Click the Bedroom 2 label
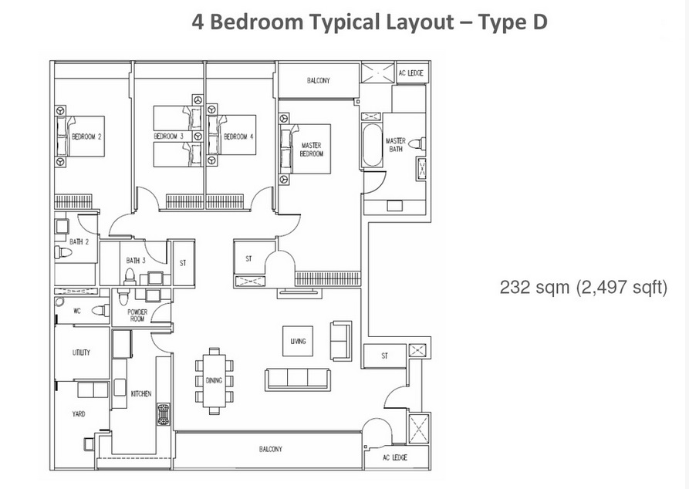click(86, 137)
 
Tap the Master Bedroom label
click(312, 150)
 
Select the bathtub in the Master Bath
click(372, 145)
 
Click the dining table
click(214, 380)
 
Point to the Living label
click(298, 341)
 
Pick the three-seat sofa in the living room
click(297, 379)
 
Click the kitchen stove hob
click(164, 414)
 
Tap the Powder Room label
click(137, 315)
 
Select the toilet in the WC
click(100, 311)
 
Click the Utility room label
click(81, 352)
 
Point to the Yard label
click(79, 414)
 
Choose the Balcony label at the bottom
click(271, 449)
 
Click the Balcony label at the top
click(319, 80)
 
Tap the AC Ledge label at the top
click(410, 73)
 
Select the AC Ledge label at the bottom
click(394, 458)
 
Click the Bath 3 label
click(136, 261)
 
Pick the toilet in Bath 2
click(63, 252)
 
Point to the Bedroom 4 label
click(238, 137)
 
